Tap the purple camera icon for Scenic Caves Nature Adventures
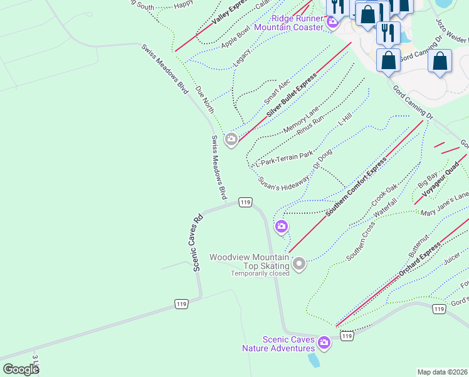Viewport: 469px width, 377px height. tap(324, 342)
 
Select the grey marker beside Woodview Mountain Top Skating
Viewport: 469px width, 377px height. tap(299, 264)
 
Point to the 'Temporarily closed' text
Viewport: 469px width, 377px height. tap(260, 273)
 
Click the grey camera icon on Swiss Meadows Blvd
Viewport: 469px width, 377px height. tap(231, 139)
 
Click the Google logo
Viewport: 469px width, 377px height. tap(21, 369)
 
